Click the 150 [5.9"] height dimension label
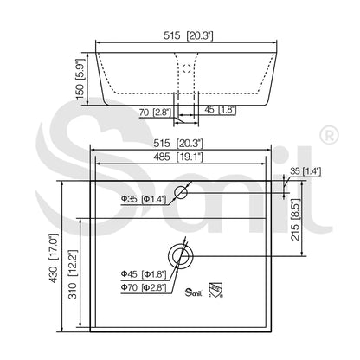click(x=80, y=79)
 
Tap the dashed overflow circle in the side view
click(x=187, y=68)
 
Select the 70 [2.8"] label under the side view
click(x=155, y=112)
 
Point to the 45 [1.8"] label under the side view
click(x=220, y=110)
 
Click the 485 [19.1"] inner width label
click(x=178, y=157)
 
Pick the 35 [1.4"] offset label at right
click(x=305, y=171)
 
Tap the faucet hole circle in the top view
click(x=181, y=192)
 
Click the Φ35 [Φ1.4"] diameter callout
click(x=144, y=199)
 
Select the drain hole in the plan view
click(x=181, y=256)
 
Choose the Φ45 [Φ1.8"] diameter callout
click(x=144, y=274)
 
